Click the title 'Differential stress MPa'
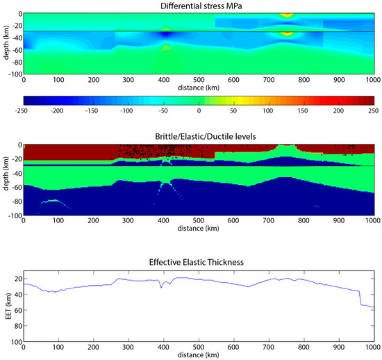point(198,6)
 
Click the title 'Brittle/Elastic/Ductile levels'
point(198,136)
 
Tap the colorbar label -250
point(24,111)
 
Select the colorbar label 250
point(372,111)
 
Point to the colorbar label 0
point(198,111)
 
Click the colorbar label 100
point(268,111)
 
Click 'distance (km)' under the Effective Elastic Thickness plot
point(198,355)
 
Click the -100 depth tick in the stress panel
point(13,72)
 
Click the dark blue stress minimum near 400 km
point(164,33)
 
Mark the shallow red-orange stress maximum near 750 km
point(285,15)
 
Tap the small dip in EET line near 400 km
point(162,285)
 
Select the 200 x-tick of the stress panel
point(94,79)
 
